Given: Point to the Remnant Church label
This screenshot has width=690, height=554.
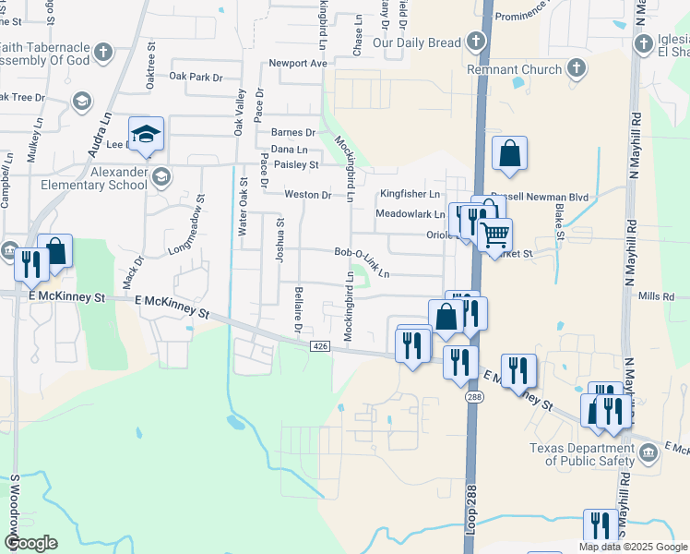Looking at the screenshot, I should [x=515, y=69].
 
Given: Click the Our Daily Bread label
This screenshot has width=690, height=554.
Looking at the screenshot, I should [x=416, y=43].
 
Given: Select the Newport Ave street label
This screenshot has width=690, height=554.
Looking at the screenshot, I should [x=298, y=64].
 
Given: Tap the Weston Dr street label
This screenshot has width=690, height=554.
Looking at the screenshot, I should [x=307, y=195].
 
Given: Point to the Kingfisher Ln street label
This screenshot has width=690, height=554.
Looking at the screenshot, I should [x=410, y=195].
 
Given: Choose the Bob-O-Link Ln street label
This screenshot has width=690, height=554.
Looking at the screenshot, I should [x=362, y=263].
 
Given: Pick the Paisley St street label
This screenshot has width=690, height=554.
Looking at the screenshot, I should [x=295, y=165].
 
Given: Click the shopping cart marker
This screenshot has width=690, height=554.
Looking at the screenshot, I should [x=495, y=235].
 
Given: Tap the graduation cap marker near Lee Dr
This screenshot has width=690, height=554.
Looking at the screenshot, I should [x=146, y=135].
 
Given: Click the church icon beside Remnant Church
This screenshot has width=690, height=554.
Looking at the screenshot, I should [x=577, y=68].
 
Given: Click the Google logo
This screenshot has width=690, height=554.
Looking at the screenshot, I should [x=30, y=542].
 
